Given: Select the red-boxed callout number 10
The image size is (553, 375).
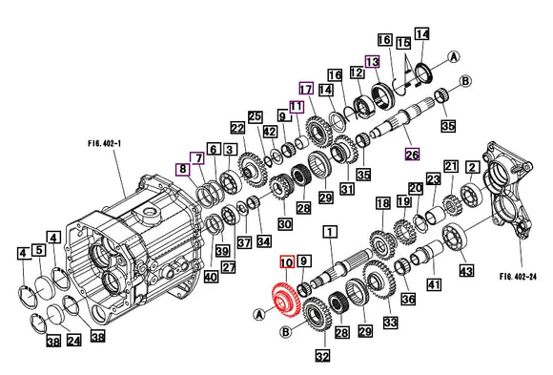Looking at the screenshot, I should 286,260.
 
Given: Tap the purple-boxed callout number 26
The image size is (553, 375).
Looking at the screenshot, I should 411,154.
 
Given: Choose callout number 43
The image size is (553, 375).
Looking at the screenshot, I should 466,272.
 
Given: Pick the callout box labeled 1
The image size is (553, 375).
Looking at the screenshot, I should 330,231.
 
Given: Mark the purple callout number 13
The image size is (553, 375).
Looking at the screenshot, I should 373,61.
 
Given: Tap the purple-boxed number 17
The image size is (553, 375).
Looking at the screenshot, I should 306,89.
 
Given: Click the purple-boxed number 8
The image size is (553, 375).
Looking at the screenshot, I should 181,169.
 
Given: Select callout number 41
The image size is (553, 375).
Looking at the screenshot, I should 434,284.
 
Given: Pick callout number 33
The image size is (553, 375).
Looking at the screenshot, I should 390,323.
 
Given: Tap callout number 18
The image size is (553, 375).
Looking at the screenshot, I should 382,203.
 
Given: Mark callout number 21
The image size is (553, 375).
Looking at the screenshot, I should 451,166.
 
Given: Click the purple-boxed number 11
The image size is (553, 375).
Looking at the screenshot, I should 297,107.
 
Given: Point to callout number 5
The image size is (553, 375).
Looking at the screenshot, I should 39,251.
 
